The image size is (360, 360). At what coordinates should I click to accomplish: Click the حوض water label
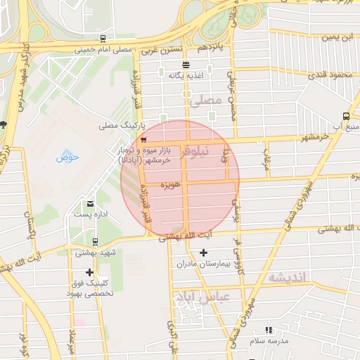click(67, 157)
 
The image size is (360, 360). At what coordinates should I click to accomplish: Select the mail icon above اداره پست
click(90, 202)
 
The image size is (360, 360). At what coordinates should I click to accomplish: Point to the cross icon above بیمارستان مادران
click(204, 252)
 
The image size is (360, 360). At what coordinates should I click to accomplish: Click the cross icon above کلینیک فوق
click(89, 272)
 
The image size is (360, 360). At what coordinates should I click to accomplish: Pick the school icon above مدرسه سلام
click(268, 329)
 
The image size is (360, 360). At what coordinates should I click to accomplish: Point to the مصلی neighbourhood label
click(205, 102)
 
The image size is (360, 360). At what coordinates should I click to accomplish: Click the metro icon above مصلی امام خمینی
click(103, 39)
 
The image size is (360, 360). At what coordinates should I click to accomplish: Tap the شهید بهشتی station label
click(97, 252)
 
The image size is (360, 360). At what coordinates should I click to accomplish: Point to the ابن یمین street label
click(335, 37)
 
